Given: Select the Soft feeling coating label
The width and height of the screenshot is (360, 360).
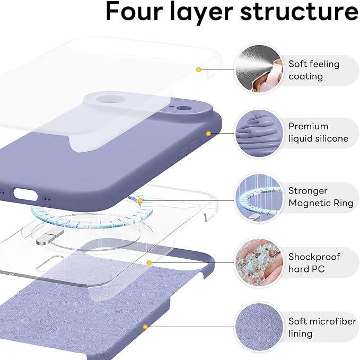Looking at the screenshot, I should coord(313,70).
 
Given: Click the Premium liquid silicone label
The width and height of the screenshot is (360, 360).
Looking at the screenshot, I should coord(318,132).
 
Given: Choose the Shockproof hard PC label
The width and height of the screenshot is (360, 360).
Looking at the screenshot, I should coord(314,262).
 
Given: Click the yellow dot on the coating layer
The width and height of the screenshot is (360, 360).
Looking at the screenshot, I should coord(198,69).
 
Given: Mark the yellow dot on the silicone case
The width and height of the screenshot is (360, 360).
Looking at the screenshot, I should coord(208,134).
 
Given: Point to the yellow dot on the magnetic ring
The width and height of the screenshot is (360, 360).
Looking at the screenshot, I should coord(140,200).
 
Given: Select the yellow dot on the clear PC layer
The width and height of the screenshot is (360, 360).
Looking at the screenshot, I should coord(150,262).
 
